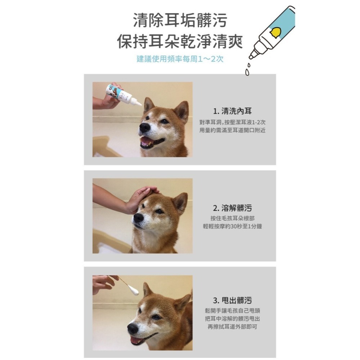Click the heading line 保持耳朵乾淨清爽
click(x=180, y=41)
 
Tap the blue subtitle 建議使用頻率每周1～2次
click(x=180, y=59)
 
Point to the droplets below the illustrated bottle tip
click(x=247, y=70)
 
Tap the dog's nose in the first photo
click(x=145, y=127)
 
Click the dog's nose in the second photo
click(x=139, y=218)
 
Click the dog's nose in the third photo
click(x=133, y=328)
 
